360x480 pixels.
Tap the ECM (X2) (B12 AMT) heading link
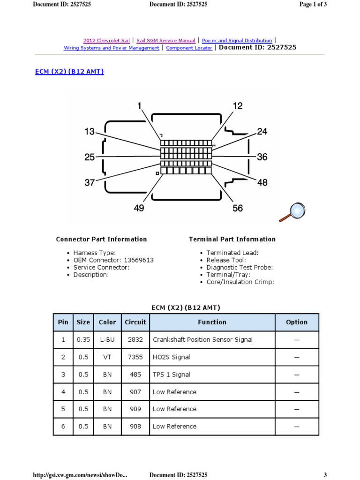coord(69,72)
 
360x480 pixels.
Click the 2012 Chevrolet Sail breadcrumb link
coord(106,41)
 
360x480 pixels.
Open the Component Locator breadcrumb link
coord(189,48)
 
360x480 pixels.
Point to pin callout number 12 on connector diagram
coord(238,106)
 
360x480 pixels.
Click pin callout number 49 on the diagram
coord(139,208)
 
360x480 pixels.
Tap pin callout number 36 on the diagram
coord(262,157)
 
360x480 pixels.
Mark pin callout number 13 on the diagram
coord(90,132)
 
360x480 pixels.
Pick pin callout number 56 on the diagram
coord(238,208)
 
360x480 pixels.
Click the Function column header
coord(212,322)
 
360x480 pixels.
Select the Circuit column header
coord(135,322)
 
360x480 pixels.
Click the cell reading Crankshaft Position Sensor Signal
coord(202,340)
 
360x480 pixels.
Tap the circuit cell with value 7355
coord(135,357)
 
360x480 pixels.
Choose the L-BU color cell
coord(107,340)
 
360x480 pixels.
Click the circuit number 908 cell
coord(135,427)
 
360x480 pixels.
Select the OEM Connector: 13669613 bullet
coord(113,260)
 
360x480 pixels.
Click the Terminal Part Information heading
coord(232,239)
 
